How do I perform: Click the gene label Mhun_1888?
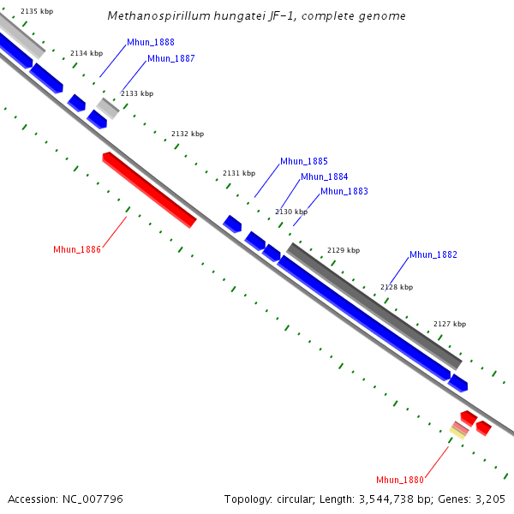[150, 42]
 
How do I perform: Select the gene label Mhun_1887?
[170, 58]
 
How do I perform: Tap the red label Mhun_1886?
[77, 249]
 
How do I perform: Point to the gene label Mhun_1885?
[303, 161]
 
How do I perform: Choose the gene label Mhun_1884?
[324, 176]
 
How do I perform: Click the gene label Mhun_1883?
[344, 191]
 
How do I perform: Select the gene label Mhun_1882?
[433, 254]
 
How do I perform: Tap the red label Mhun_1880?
[400, 479]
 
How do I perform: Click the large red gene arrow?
[149, 189]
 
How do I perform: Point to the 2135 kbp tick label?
[36, 10]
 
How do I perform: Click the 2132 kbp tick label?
[188, 134]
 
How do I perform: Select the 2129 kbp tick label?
[344, 250]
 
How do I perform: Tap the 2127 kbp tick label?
[450, 324]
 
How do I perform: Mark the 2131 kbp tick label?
[239, 173]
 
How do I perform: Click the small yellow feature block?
[459, 433]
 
